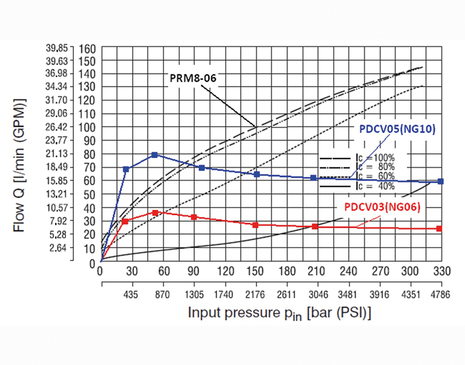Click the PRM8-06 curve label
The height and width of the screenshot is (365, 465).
[190, 78]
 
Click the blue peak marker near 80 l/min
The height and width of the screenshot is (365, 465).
[155, 155]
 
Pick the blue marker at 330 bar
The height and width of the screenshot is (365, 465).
[440, 181]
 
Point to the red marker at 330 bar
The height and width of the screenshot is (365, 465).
[439, 228]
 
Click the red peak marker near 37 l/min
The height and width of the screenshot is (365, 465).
[155, 212]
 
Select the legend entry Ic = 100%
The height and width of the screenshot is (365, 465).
[375, 157]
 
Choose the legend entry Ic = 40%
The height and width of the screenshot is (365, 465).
[375, 186]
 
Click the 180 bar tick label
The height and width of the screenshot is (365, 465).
[287, 271]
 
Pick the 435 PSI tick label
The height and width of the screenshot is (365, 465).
[132, 294]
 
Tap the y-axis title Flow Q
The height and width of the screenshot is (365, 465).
[19, 165]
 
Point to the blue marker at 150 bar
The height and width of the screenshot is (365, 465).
[256, 174]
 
